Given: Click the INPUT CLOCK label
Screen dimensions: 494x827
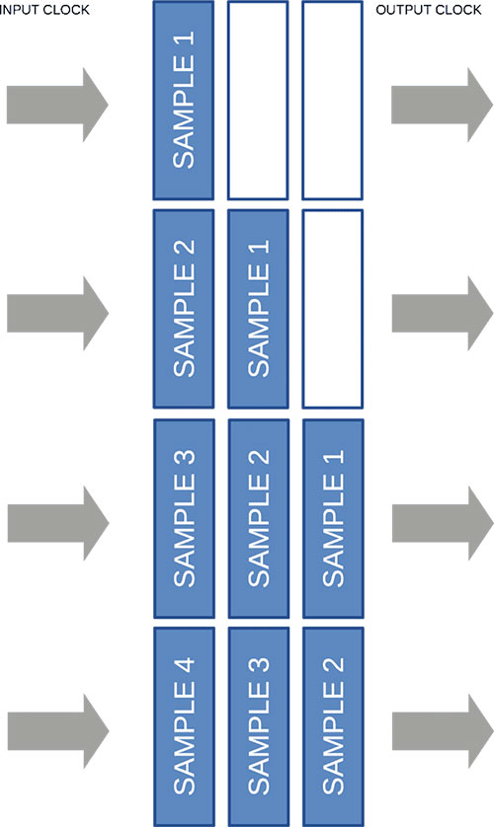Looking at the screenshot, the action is click(44, 10).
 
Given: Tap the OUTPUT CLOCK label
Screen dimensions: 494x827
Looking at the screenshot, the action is click(429, 10).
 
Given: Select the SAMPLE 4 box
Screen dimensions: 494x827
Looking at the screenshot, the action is click(184, 726).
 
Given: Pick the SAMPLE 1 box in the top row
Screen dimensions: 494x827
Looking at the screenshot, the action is click(184, 101).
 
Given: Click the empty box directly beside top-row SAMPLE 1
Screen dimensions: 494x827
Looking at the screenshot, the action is click(258, 101).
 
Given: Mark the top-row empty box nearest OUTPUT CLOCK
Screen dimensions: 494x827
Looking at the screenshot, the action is click(333, 101).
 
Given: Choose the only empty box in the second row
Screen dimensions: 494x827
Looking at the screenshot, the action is click(333, 309).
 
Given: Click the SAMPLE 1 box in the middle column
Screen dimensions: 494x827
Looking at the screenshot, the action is click(258, 309).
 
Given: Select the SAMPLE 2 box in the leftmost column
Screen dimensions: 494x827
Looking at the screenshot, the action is click(184, 309).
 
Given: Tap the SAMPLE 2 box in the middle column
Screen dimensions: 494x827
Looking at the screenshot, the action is click(259, 518).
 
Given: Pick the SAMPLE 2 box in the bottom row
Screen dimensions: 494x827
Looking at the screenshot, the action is click(333, 726).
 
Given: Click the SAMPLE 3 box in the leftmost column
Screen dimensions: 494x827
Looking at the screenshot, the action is click(184, 518).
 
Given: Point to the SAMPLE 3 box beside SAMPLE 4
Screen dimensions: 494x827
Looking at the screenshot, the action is click(259, 726).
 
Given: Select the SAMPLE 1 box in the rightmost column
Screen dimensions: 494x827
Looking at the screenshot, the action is click(333, 518).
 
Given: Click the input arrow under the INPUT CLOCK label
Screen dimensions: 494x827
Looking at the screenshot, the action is click(57, 105).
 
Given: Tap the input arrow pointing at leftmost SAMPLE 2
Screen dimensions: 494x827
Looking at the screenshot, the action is click(57, 313).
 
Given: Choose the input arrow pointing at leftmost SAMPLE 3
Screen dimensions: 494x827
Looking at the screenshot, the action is click(58, 523).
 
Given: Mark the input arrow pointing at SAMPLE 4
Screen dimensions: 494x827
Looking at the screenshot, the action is click(58, 731).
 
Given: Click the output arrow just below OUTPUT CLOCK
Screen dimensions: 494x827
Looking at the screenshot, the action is click(443, 105).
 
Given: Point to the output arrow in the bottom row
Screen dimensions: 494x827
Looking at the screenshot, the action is click(443, 731).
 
